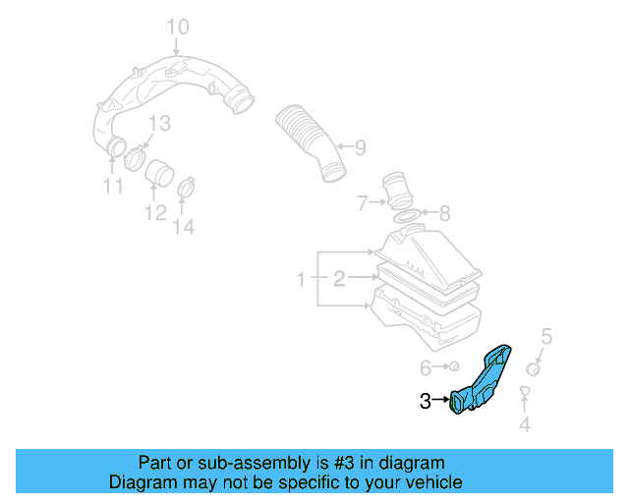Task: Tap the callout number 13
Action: (x=159, y=123)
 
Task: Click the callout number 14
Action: (x=184, y=227)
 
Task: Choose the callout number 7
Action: (x=362, y=204)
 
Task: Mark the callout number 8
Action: (x=444, y=212)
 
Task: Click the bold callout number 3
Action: (x=426, y=400)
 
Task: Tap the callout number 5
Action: (x=547, y=336)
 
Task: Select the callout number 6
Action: (x=426, y=367)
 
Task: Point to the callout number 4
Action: (x=525, y=424)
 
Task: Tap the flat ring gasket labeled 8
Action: (x=404, y=214)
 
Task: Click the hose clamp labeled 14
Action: (x=185, y=183)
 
